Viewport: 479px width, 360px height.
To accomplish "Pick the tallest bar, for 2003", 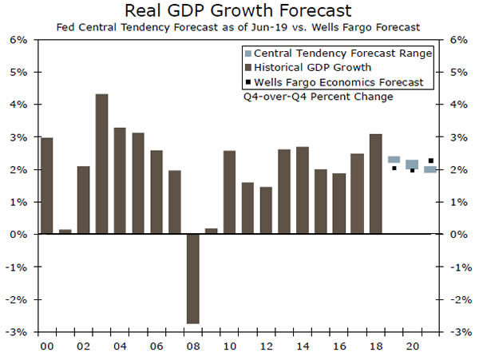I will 102,164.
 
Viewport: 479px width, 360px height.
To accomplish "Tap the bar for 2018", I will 376,184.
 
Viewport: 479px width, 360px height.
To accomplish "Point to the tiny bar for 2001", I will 65,231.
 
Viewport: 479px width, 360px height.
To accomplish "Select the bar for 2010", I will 230,192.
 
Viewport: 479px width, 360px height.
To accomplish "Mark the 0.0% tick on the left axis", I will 18,235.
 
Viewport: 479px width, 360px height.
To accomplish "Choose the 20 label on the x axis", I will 413,346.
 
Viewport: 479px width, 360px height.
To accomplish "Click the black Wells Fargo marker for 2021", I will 431,161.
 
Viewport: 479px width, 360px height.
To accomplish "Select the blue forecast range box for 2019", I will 394,160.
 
